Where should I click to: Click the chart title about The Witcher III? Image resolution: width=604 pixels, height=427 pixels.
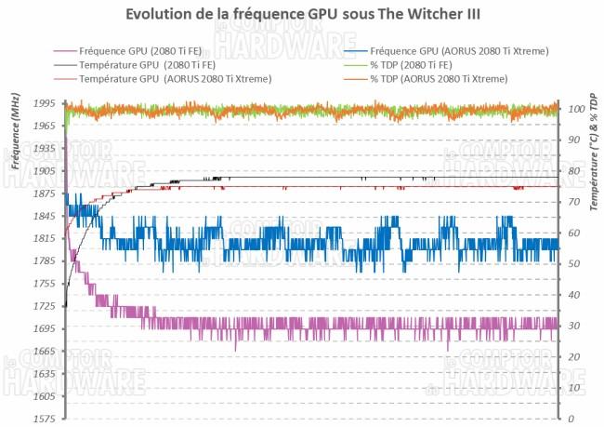coord(302,18)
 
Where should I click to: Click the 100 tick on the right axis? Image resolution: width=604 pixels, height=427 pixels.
coord(575,110)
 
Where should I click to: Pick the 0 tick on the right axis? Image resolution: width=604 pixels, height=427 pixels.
coord(570,419)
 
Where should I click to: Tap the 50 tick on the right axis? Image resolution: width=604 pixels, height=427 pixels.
coord(572,264)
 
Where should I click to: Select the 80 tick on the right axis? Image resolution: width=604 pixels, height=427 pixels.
coord(572,171)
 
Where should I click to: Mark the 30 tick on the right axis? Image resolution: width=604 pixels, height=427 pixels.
coord(572,326)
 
